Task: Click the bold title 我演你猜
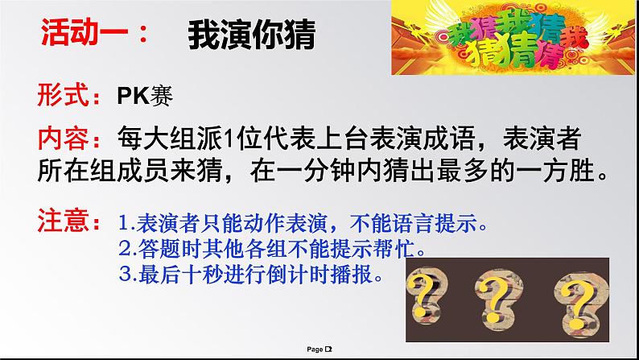coord(252,35)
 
